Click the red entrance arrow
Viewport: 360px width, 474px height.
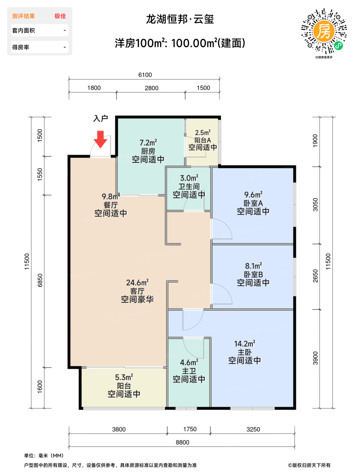click(100, 139)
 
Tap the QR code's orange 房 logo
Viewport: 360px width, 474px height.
click(323, 31)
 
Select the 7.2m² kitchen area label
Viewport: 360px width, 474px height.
click(149, 143)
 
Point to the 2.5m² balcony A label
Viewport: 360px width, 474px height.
click(203, 133)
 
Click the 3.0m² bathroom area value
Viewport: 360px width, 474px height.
click(189, 178)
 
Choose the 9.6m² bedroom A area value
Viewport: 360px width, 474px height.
click(253, 195)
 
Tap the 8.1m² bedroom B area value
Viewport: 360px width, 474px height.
click(253, 266)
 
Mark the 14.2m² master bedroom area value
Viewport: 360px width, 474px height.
click(245, 344)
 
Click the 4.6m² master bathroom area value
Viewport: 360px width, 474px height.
click(189, 362)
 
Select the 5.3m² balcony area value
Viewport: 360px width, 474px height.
click(124, 377)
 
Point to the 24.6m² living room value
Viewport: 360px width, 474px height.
click(137, 282)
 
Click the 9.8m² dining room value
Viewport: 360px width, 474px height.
click(111, 196)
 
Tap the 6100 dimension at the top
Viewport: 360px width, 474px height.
click(145, 75)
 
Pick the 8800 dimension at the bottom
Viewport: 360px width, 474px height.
click(182, 443)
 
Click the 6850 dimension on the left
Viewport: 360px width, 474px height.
click(40, 280)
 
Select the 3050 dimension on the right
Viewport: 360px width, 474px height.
click(315, 204)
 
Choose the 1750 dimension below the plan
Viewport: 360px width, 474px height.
click(190, 429)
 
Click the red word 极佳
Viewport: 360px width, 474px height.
click(60, 16)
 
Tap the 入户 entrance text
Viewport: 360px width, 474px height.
click(100, 118)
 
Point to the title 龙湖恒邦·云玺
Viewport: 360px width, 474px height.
click(180, 19)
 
